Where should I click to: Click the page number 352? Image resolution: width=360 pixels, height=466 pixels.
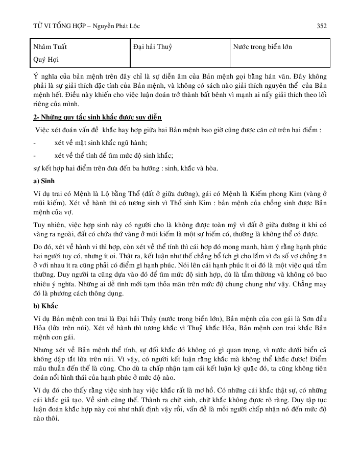pyautogui.click(x=322, y=25)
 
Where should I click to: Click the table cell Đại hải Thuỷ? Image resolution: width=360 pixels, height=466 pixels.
pyautogui.click(x=152, y=47)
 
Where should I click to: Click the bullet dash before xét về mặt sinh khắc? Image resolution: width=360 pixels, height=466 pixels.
pyautogui.click(x=34, y=143)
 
